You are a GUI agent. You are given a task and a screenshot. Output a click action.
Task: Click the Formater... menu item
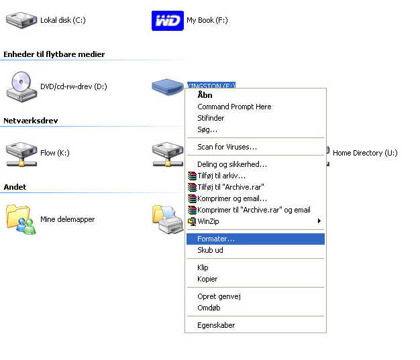click(x=216, y=239)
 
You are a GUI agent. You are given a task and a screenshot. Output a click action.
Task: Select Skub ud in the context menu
click(x=210, y=250)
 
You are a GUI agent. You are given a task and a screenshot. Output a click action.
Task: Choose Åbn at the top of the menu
click(x=205, y=95)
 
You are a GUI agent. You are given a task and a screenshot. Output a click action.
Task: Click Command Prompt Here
click(x=234, y=107)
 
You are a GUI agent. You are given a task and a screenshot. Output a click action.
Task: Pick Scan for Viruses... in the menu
click(x=227, y=147)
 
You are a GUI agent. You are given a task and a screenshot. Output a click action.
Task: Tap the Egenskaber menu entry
click(x=216, y=325)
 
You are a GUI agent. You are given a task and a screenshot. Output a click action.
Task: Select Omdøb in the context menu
click(x=209, y=308)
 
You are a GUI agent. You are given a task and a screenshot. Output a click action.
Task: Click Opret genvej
click(x=219, y=296)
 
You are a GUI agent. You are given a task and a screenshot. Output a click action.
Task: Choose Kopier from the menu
click(x=207, y=279)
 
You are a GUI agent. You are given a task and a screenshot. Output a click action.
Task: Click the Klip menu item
click(x=203, y=267)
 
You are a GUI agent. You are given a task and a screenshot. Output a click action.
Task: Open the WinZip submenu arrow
click(x=319, y=221)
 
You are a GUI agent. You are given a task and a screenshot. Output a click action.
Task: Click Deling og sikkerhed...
click(x=232, y=164)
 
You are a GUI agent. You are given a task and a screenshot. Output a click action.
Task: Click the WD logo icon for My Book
click(x=166, y=20)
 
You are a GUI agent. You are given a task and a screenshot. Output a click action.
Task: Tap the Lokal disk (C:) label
click(x=63, y=20)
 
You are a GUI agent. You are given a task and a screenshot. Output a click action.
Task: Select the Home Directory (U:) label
click(x=365, y=153)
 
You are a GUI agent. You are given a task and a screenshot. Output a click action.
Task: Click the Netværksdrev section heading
click(x=31, y=121)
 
